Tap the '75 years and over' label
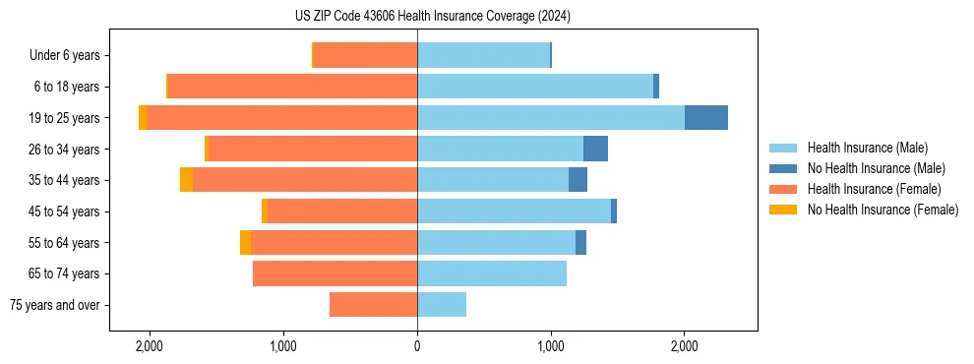coord(55,305)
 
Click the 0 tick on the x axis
coord(417,347)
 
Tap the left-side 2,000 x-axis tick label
coord(150,347)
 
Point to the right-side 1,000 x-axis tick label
coord(551,347)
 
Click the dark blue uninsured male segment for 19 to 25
coord(706,118)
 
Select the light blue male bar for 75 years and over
coord(442,305)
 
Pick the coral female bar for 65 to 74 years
coord(335,273)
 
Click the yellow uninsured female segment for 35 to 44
coord(186,180)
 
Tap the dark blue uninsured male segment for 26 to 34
coord(595,149)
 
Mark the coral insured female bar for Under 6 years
coord(365,56)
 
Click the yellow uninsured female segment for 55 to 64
coord(245,242)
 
